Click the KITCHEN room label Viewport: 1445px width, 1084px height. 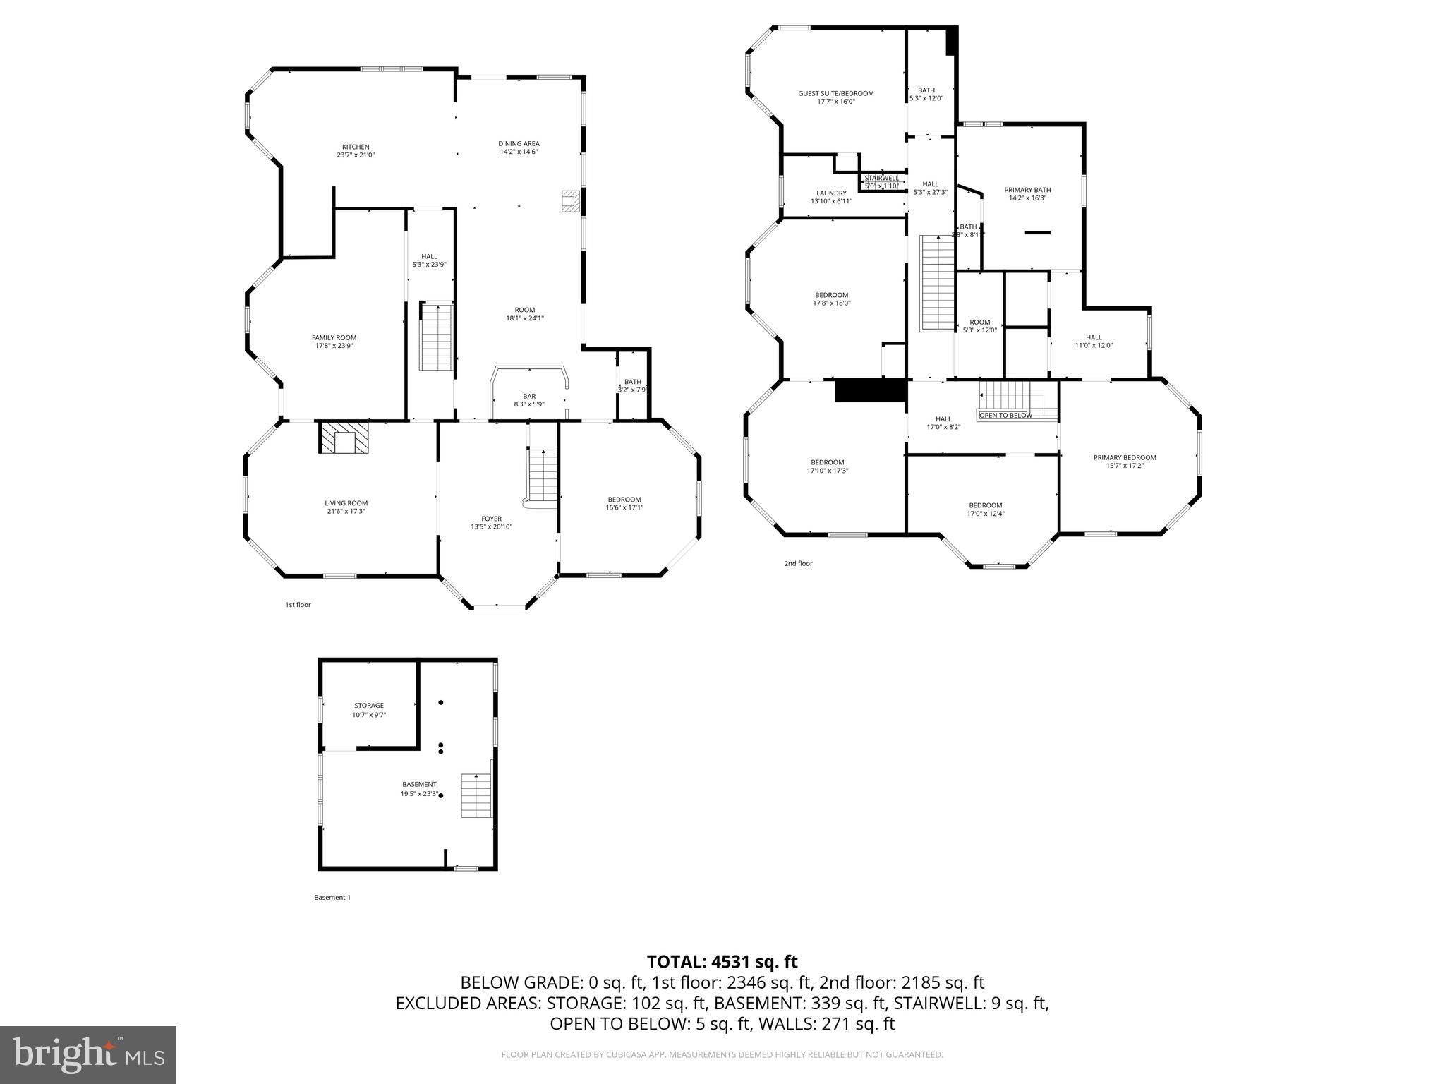(x=356, y=147)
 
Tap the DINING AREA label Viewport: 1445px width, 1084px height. (x=519, y=144)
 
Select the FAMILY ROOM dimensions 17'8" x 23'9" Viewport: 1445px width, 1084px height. (x=334, y=347)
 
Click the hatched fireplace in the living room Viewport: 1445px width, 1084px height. (x=344, y=438)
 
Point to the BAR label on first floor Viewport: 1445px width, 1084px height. (x=528, y=396)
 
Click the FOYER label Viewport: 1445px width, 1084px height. (x=491, y=519)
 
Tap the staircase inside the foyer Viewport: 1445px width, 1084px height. (x=543, y=476)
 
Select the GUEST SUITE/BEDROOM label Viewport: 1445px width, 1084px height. (x=835, y=93)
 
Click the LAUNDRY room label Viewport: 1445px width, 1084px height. (x=831, y=193)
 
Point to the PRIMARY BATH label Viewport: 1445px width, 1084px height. (x=1027, y=190)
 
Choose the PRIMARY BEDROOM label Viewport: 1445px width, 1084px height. (x=1125, y=457)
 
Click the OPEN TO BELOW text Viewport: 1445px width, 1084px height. (x=1005, y=415)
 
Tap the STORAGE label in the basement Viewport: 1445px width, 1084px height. (x=369, y=706)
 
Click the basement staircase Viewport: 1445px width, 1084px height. (x=476, y=795)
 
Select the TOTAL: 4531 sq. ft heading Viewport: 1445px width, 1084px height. (x=722, y=962)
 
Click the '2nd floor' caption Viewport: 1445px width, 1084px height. (x=798, y=564)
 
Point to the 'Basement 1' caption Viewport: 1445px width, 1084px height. (x=332, y=898)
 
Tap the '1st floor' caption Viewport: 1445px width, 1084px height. (x=298, y=605)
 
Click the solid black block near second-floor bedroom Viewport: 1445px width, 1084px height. (x=869, y=390)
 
